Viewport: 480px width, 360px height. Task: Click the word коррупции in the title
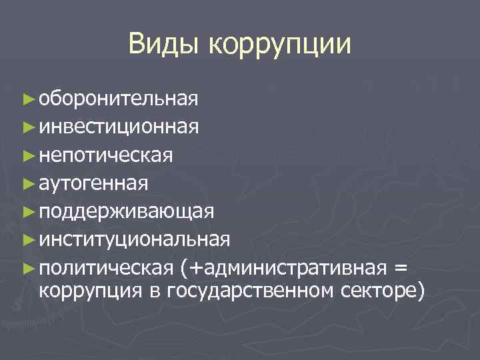pyautogui.click(x=279, y=45)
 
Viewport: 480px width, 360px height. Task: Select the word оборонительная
pyautogui.click(x=118, y=99)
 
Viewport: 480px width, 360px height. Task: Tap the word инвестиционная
pyautogui.click(x=118, y=127)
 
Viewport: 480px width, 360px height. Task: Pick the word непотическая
pyautogui.click(x=106, y=155)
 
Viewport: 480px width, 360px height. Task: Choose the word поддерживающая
pyautogui.click(x=126, y=211)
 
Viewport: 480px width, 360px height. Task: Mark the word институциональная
pyautogui.click(x=135, y=239)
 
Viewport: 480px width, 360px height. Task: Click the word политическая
pyautogui.click(x=106, y=267)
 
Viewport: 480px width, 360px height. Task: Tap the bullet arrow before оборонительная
pyautogui.click(x=27, y=100)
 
